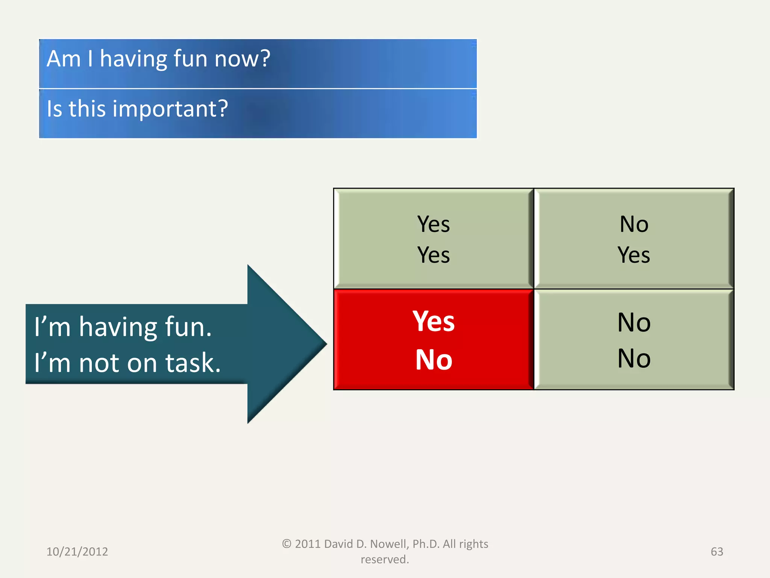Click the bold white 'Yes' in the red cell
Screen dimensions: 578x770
tap(434, 322)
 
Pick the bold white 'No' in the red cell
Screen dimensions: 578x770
tap(434, 360)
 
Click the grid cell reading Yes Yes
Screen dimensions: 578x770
tap(434, 239)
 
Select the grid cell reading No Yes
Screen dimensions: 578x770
tap(634, 239)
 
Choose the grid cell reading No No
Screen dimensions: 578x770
tap(634, 340)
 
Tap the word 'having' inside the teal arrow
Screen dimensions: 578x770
tap(118, 327)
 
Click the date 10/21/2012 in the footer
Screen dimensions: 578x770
tap(77, 552)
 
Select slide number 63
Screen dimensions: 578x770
tap(717, 552)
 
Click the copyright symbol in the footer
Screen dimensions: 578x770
tap(286, 544)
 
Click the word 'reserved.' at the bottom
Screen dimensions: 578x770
tap(385, 560)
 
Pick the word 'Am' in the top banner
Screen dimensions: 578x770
tap(64, 59)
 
